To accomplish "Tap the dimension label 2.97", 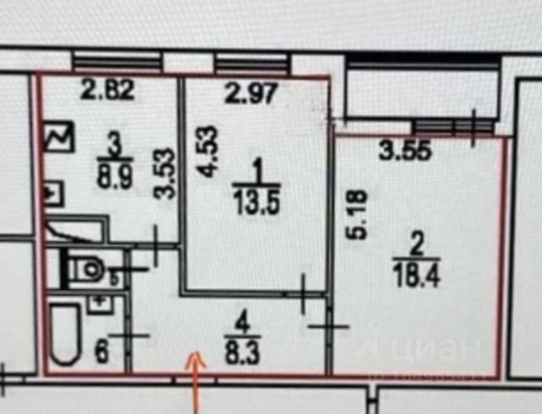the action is tap(250, 93).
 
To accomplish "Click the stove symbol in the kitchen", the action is tap(61, 137).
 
